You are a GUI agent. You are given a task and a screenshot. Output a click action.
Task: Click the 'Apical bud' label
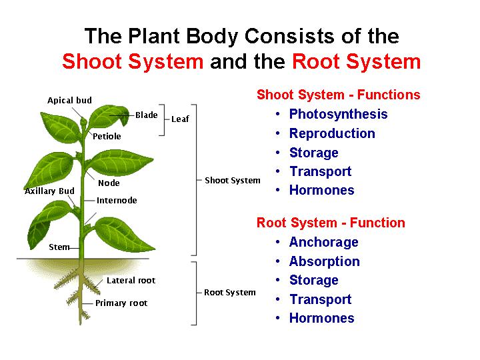[69, 101]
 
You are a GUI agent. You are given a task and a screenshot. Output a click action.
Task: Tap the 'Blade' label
[147, 115]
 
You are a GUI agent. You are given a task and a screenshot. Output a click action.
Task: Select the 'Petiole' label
[107, 137]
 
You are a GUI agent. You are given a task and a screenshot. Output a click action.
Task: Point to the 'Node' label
[109, 183]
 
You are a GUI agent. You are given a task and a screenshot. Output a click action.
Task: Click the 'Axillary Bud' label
[49, 191]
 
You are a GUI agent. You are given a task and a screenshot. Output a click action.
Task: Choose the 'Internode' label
[117, 201]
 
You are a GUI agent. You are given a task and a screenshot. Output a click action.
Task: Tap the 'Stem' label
[59, 247]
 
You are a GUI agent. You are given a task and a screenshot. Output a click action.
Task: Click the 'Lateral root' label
[131, 281]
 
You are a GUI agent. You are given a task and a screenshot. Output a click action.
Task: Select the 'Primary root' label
[121, 303]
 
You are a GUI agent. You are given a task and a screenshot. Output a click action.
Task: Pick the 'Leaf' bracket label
[180, 119]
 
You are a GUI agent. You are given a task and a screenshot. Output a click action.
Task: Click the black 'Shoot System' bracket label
[233, 181]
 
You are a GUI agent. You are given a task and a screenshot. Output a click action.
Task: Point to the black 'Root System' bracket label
[230, 293]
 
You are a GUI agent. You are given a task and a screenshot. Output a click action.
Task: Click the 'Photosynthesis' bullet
[338, 115]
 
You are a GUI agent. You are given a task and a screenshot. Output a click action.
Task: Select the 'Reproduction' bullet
[332, 133]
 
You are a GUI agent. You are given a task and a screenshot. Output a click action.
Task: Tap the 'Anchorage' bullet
[323, 242]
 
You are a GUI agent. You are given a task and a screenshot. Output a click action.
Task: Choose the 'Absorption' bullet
[324, 261]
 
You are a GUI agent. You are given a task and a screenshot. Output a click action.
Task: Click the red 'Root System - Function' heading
[331, 223]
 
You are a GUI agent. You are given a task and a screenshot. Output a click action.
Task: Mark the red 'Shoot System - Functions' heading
[339, 95]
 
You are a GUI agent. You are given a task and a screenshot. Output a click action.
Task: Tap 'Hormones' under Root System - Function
[321, 318]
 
